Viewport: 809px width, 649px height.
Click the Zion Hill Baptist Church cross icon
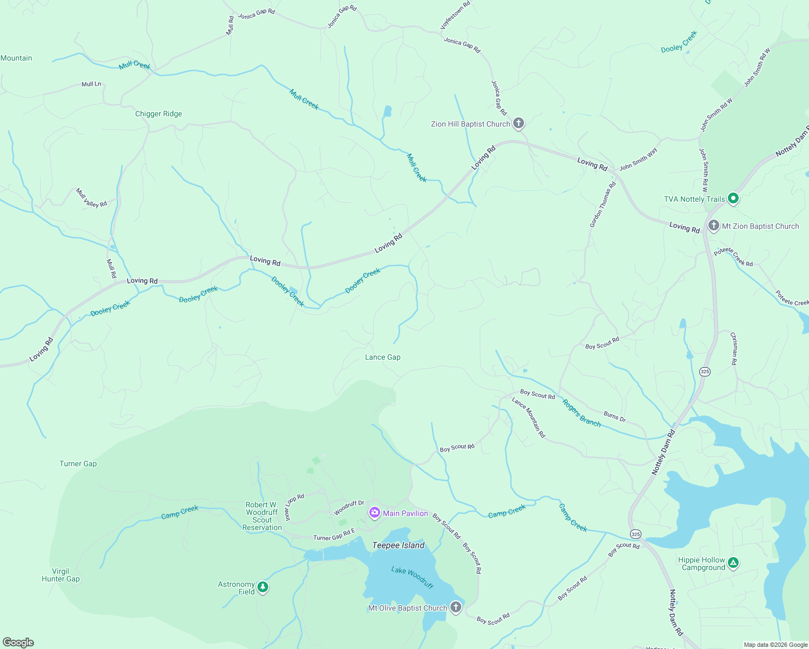(518, 123)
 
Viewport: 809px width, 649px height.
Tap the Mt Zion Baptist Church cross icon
(713, 226)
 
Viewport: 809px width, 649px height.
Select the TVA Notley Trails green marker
(733, 198)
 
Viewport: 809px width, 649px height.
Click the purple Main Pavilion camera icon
(374, 513)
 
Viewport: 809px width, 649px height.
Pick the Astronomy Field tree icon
(263, 587)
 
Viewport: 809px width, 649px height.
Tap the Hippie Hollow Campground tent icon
(733, 563)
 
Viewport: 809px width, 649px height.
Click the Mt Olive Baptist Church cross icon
(455, 607)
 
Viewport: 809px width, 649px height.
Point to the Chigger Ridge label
(158, 114)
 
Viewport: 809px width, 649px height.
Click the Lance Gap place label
(382, 357)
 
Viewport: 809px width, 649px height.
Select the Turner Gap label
(78, 463)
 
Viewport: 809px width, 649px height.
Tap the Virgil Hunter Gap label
(61, 575)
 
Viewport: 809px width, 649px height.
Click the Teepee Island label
(398, 545)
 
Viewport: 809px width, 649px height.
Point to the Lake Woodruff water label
(412, 578)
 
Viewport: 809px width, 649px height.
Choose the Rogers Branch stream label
(581, 413)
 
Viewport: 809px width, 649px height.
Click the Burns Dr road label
(614, 416)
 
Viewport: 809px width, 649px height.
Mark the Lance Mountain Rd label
(528, 418)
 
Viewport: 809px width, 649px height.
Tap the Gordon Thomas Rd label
(602, 204)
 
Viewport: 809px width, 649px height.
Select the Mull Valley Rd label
(91, 198)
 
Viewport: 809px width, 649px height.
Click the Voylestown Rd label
(455, 15)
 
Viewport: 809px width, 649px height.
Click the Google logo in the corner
(18, 642)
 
